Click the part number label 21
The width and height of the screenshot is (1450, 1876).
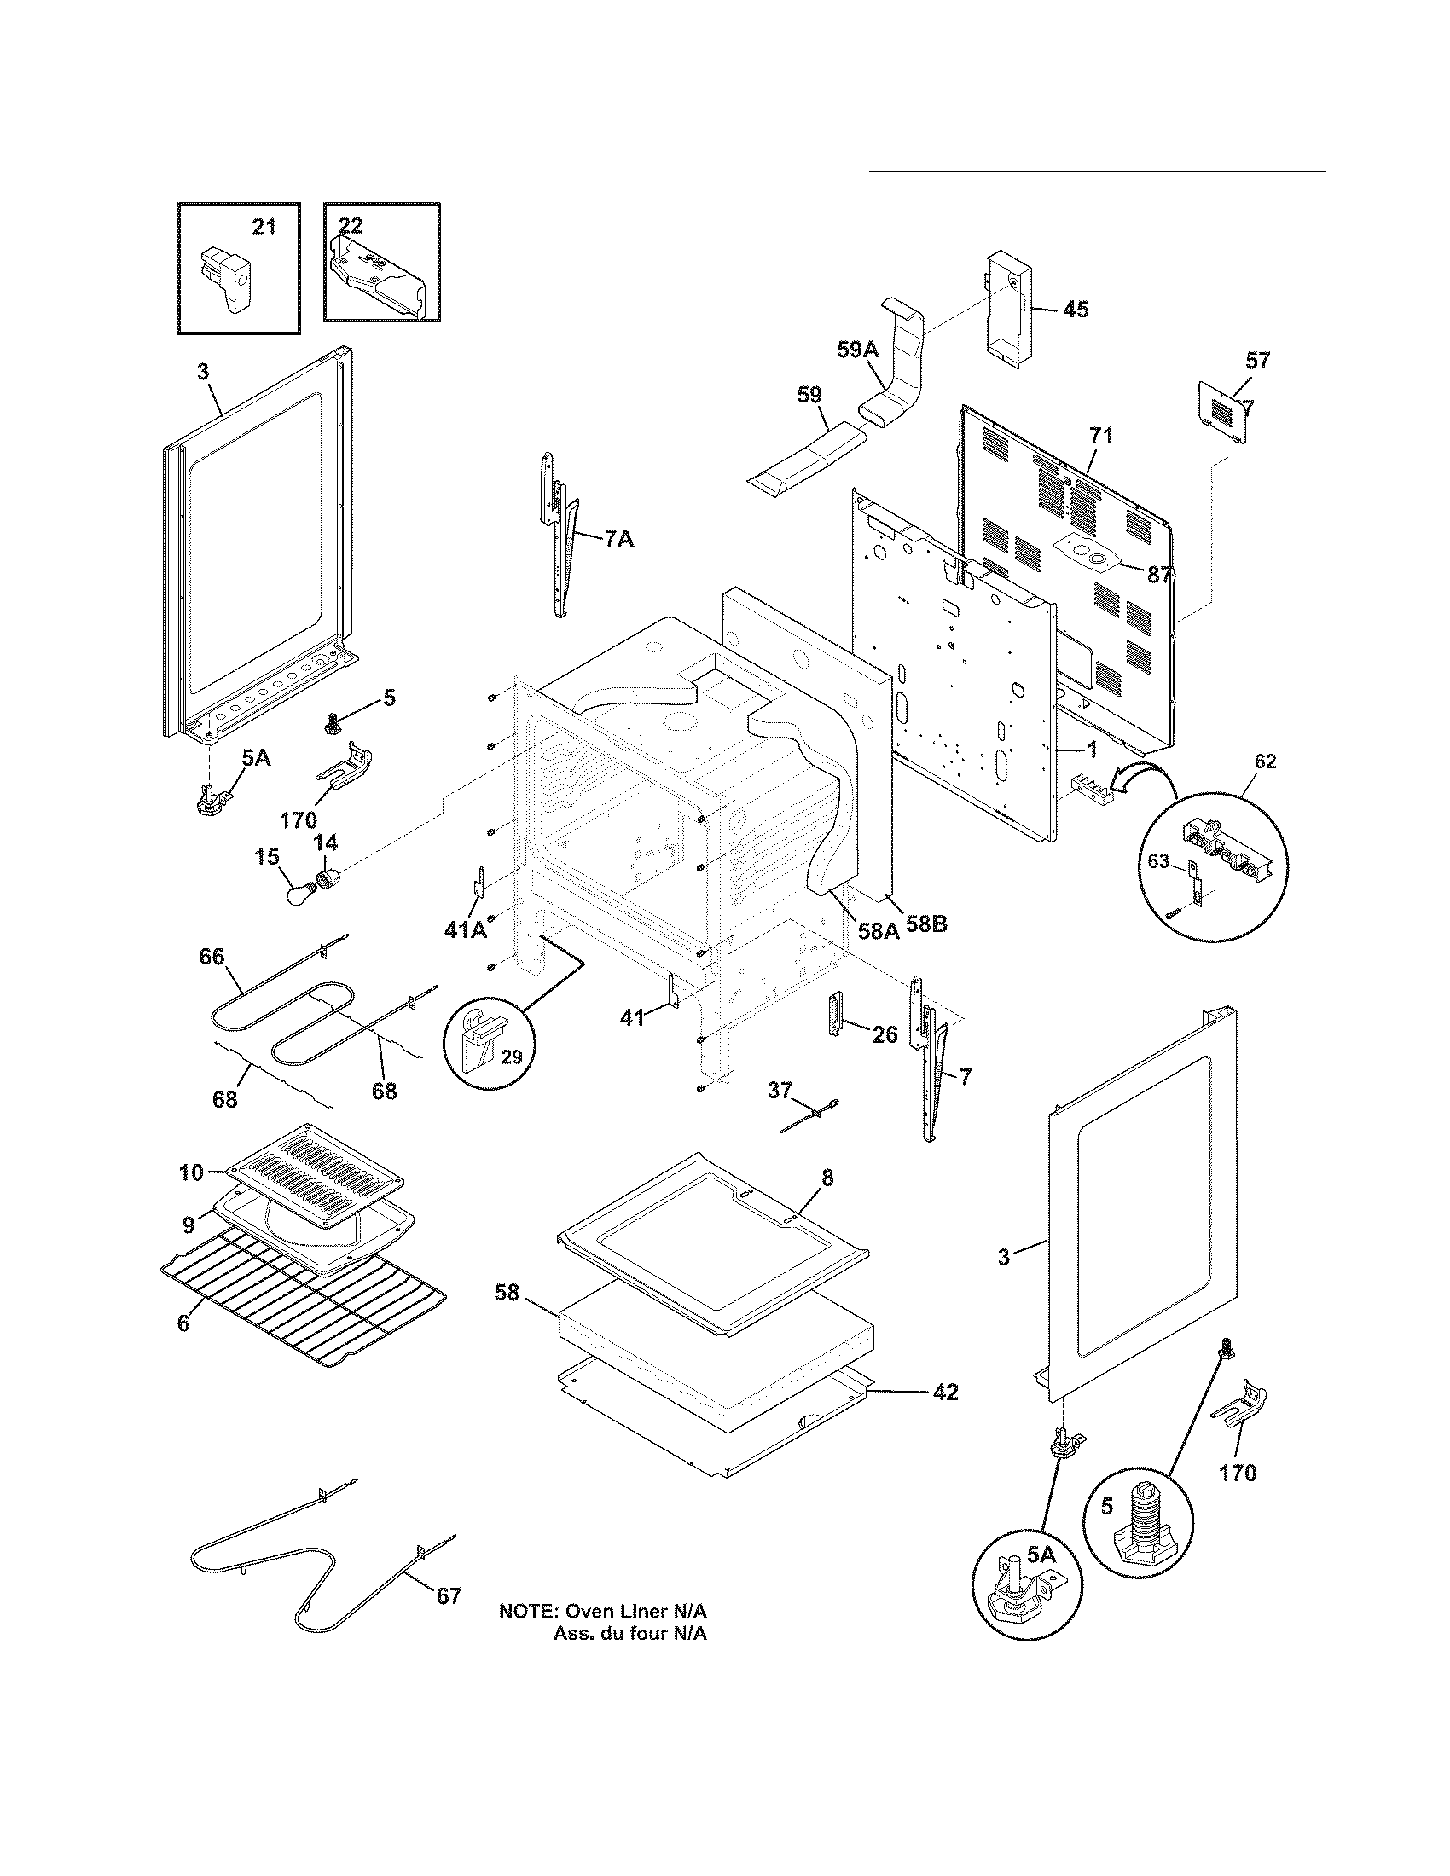[264, 227]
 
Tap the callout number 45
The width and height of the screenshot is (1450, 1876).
[1076, 310]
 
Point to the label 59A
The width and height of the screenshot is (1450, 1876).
[858, 349]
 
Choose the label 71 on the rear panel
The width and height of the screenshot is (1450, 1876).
[1101, 437]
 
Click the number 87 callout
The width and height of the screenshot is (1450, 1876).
[1159, 575]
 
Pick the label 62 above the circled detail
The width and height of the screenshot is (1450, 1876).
[1265, 761]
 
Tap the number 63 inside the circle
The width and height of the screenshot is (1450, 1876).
[1159, 860]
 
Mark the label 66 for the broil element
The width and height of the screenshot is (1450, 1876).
[212, 957]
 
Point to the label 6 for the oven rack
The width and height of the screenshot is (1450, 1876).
[183, 1323]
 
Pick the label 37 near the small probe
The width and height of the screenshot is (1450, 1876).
[779, 1091]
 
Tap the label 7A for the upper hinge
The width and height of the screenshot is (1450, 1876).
[618, 540]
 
